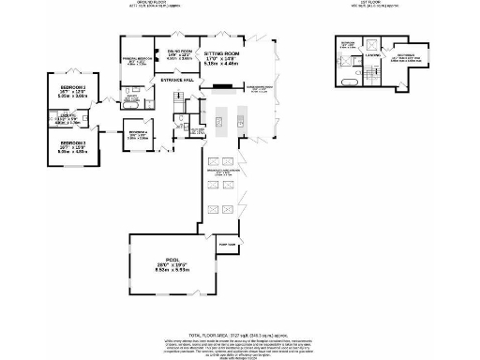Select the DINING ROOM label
(179, 52)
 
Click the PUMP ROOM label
(226, 244)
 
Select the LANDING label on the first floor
(372, 53)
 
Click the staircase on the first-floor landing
(373, 73)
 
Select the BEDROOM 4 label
(138, 134)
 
